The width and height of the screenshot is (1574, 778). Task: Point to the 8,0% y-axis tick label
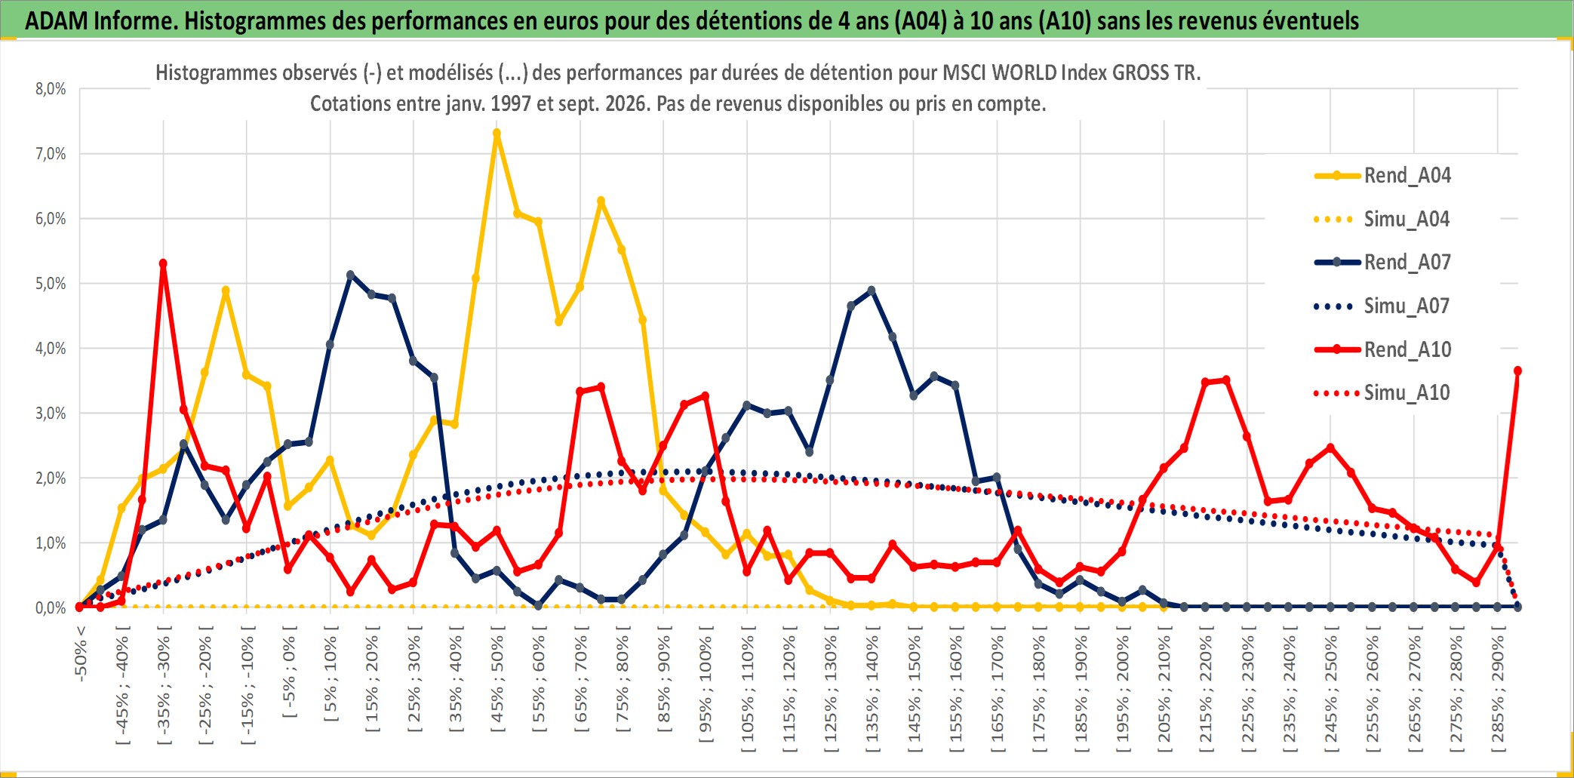point(51,89)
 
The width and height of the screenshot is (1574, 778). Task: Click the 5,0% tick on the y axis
point(51,284)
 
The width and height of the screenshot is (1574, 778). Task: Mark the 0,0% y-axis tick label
point(51,608)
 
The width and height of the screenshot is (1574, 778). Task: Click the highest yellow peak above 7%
point(496,134)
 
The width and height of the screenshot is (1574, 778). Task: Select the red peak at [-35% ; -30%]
point(163,263)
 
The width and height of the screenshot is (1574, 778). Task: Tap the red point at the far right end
point(1517,371)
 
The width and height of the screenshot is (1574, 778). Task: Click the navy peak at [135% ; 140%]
point(872,291)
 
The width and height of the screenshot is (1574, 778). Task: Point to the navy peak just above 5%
point(350,275)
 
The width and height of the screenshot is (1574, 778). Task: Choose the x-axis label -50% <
point(81,653)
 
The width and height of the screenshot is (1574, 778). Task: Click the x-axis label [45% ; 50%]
point(497,684)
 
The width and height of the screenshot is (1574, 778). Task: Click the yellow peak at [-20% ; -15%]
point(225,291)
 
